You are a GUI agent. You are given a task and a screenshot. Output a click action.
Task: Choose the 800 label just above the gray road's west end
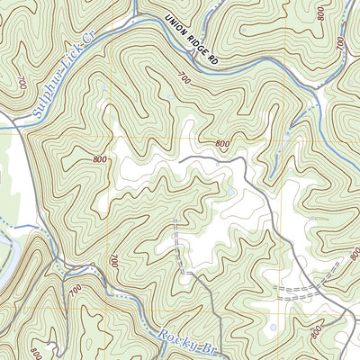click(x=222, y=144)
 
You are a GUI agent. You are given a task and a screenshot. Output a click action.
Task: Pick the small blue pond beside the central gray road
click(x=231, y=191)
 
